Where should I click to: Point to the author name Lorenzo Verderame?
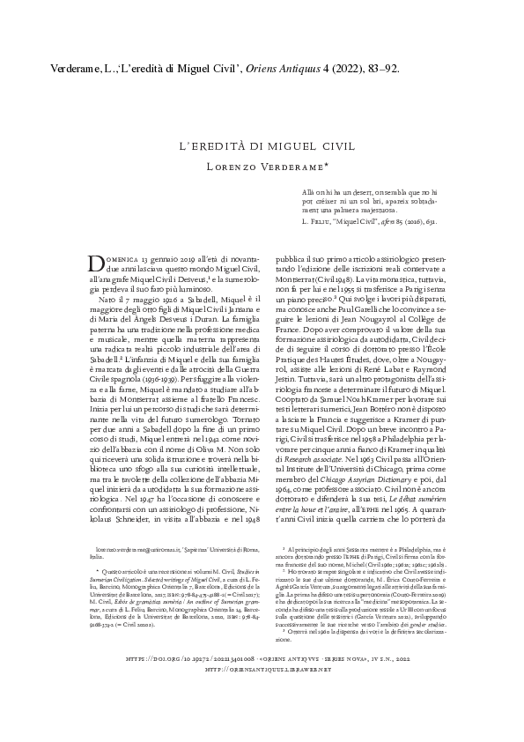click(262, 166)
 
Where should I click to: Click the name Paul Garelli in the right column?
click(353, 311)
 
